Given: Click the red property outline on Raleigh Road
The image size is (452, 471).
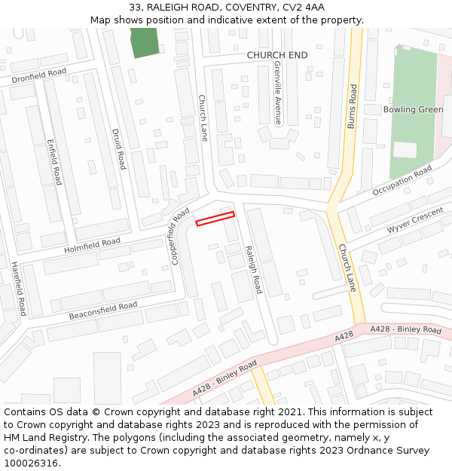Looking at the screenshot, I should coord(215,219).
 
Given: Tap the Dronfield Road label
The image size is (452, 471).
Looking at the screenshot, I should coord(39,76).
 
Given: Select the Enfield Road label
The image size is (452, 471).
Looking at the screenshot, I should coord(53,162).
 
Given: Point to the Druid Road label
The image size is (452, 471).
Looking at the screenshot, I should coord(118,149).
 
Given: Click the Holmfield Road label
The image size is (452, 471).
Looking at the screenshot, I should coord(92,245).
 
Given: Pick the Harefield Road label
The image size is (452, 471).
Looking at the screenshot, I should coord(18,289).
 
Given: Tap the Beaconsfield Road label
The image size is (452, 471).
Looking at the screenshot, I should coord(103,310).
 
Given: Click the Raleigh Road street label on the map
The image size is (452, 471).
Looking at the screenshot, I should coord(252,269).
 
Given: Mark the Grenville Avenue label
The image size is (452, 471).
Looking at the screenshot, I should coord(277,92).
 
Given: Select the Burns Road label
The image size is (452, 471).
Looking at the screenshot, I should coord(352,106).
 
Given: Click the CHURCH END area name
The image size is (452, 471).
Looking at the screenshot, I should coord(277,55).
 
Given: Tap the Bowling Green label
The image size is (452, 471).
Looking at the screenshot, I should coord(413,110).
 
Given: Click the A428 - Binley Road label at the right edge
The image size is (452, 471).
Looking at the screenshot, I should coord(405,330).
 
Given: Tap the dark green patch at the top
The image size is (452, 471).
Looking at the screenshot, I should coord(145,42).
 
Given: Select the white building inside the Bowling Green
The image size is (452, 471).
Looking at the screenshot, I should coord(405,149).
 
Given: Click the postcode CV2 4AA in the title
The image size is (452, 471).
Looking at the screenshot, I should coord(304,8).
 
